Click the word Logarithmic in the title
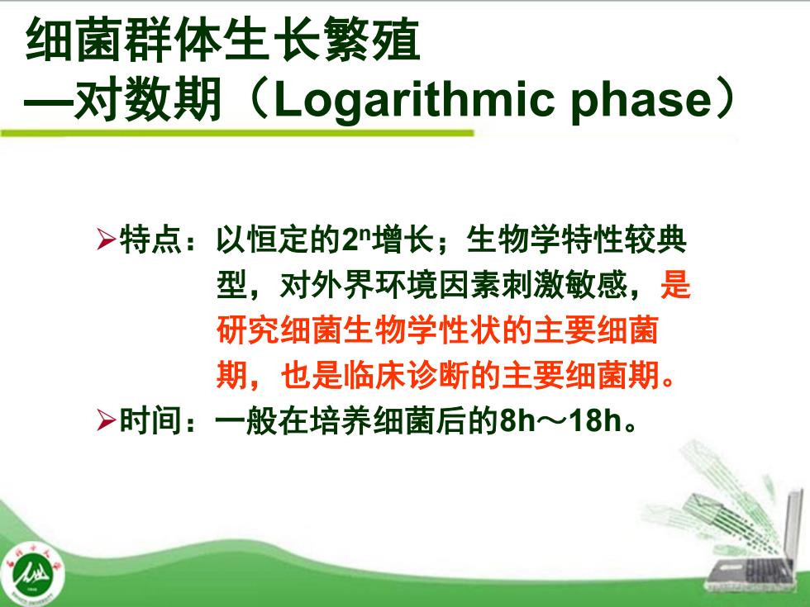[412, 99]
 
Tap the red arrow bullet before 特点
[106, 239]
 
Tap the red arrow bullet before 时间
[106, 420]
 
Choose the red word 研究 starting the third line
[247, 330]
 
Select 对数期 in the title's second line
[148, 100]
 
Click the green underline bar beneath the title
[237, 133]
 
